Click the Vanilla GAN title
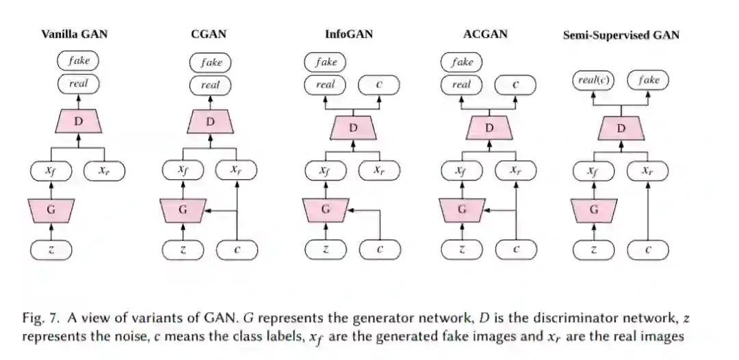(75, 34)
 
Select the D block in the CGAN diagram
(210, 122)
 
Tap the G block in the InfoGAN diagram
(326, 209)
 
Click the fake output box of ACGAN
(462, 62)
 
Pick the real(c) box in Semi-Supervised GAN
(593, 81)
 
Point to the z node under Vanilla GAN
(51, 250)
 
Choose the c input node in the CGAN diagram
(237, 250)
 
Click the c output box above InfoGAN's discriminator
(380, 85)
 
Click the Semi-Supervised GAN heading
(621, 35)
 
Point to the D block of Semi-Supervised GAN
(621, 129)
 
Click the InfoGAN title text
(350, 34)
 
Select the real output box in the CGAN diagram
(210, 86)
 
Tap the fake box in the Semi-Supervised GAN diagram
(648, 81)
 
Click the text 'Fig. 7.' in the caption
(38, 318)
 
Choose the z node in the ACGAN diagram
(462, 250)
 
